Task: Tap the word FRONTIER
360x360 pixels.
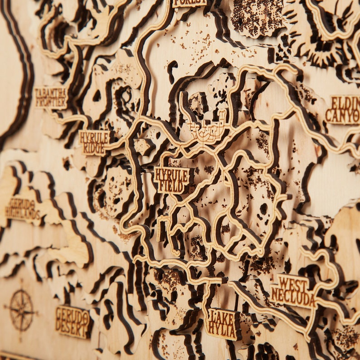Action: coord(51,102)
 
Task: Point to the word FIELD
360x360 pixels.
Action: coord(171,185)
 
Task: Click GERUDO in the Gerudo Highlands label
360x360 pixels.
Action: coord(20,203)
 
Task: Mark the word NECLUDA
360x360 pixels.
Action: coord(293,297)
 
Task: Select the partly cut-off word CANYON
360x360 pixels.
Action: coord(343,116)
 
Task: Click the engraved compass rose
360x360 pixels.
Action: coord(21,311)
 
